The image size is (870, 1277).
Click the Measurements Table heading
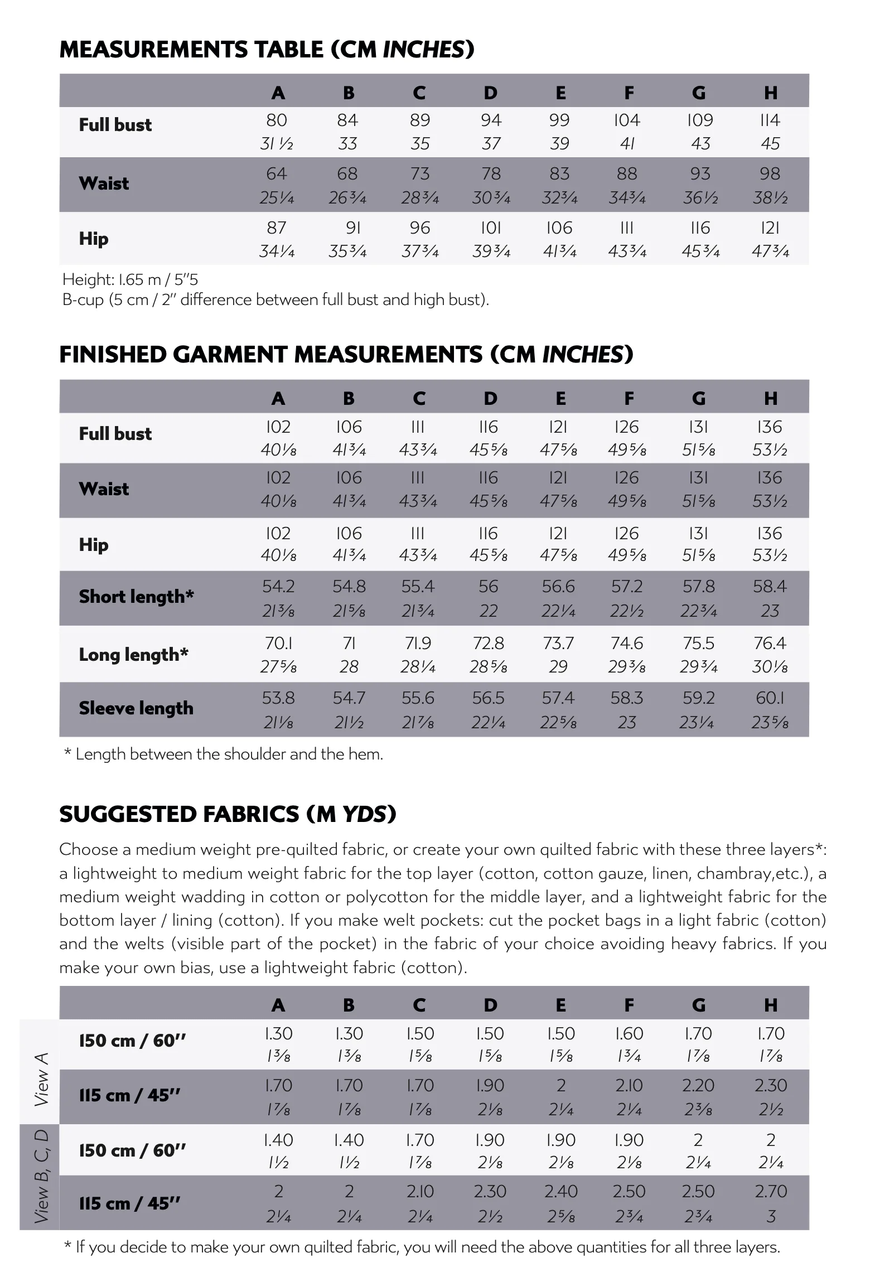point(267,50)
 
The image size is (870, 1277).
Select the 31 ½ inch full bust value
point(277,144)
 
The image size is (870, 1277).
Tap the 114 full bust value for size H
point(770,120)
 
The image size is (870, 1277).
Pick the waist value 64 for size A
point(277,173)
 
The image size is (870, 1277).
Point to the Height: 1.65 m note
point(130,279)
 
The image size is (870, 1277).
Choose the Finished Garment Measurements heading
point(346,355)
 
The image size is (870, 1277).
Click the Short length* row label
point(136,597)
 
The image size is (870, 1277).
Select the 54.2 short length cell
point(278,586)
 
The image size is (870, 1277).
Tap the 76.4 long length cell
point(770,643)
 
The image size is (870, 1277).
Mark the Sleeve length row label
point(136,708)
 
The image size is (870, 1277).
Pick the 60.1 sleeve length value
point(770,698)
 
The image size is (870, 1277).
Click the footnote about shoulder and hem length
point(224,754)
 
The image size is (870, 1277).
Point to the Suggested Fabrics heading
point(228,814)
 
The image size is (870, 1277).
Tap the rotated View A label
point(41,1079)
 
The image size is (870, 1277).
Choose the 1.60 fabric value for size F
point(629,1033)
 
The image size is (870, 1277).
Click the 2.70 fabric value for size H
point(770,1191)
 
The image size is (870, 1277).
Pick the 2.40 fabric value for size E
point(560,1191)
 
